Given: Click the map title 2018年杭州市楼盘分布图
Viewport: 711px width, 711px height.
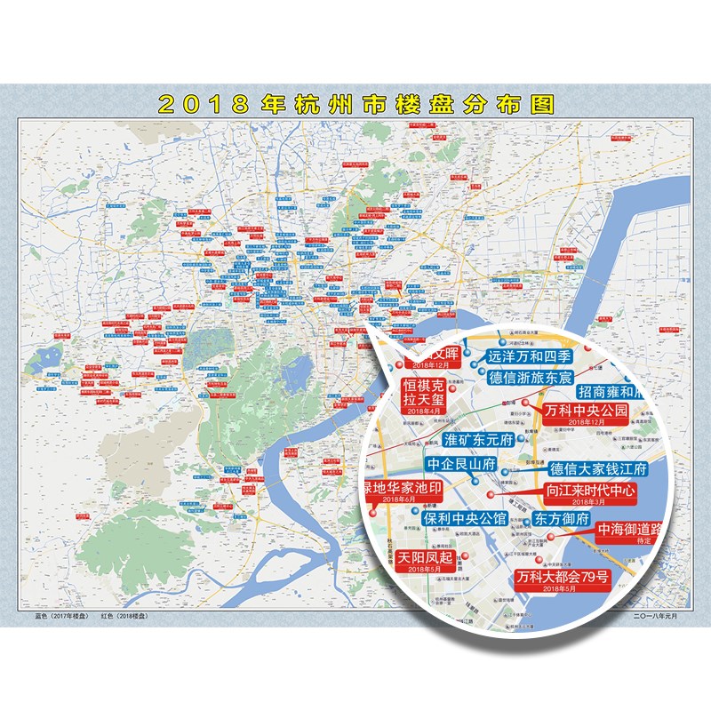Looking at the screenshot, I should [x=355, y=102].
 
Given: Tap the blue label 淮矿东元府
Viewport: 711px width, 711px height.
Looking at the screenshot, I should [x=478, y=440].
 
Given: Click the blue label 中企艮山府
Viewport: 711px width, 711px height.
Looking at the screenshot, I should [x=459, y=464].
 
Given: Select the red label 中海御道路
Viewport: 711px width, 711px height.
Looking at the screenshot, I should [x=629, y=530].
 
